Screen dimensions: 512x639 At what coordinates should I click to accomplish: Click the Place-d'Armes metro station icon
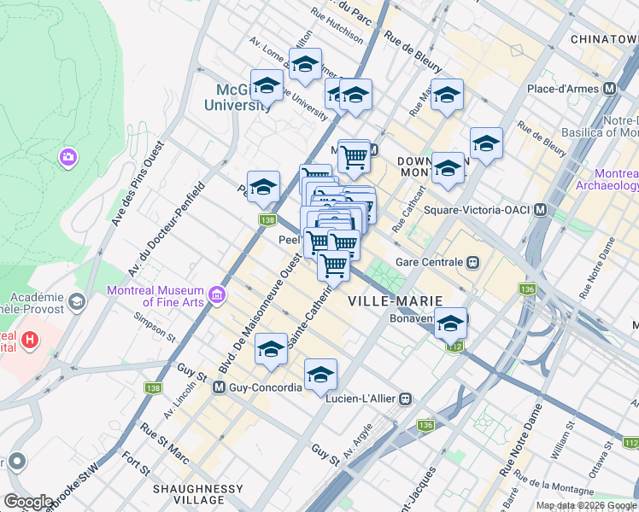(x=610, y=89)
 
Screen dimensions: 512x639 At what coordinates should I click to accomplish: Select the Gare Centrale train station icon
(x=472, y=262)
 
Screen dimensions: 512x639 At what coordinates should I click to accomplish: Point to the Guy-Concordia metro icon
(x=219, y=387)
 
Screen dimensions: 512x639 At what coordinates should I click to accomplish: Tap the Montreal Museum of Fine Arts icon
(x=218, y=295)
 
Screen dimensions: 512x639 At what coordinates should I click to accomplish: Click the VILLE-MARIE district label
(x=395, y=301)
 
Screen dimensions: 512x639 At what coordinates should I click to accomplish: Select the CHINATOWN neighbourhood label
(x=603, y=39)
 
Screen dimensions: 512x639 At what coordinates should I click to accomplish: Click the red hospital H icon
(x=30, y=340)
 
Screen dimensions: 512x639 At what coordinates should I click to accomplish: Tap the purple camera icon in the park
(x=67, y=157)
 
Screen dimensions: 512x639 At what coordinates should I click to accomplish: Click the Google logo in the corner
(x=27, y=502)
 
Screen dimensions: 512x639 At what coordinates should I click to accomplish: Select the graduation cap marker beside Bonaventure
(x=450, y=323)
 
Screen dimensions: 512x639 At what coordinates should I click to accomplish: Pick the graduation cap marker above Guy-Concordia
(x=271, y=348)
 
